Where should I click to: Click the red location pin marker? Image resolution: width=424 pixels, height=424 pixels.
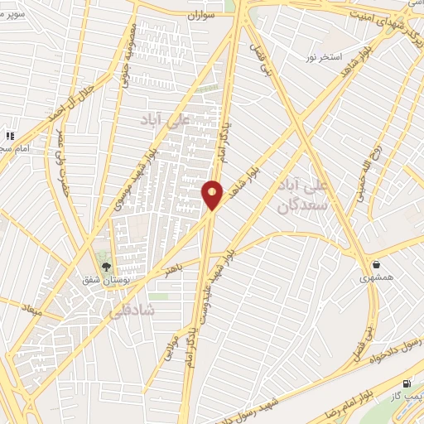[213, 194]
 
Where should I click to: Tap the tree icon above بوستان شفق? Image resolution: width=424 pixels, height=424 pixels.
[105, 266]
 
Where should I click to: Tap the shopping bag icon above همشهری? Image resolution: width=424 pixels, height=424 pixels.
[377, 265]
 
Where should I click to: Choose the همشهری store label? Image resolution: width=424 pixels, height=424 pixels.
[377, 279]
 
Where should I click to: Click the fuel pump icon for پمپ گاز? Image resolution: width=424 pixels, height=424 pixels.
[406, 383]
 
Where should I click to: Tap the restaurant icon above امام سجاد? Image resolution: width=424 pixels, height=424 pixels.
[10, 135]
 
